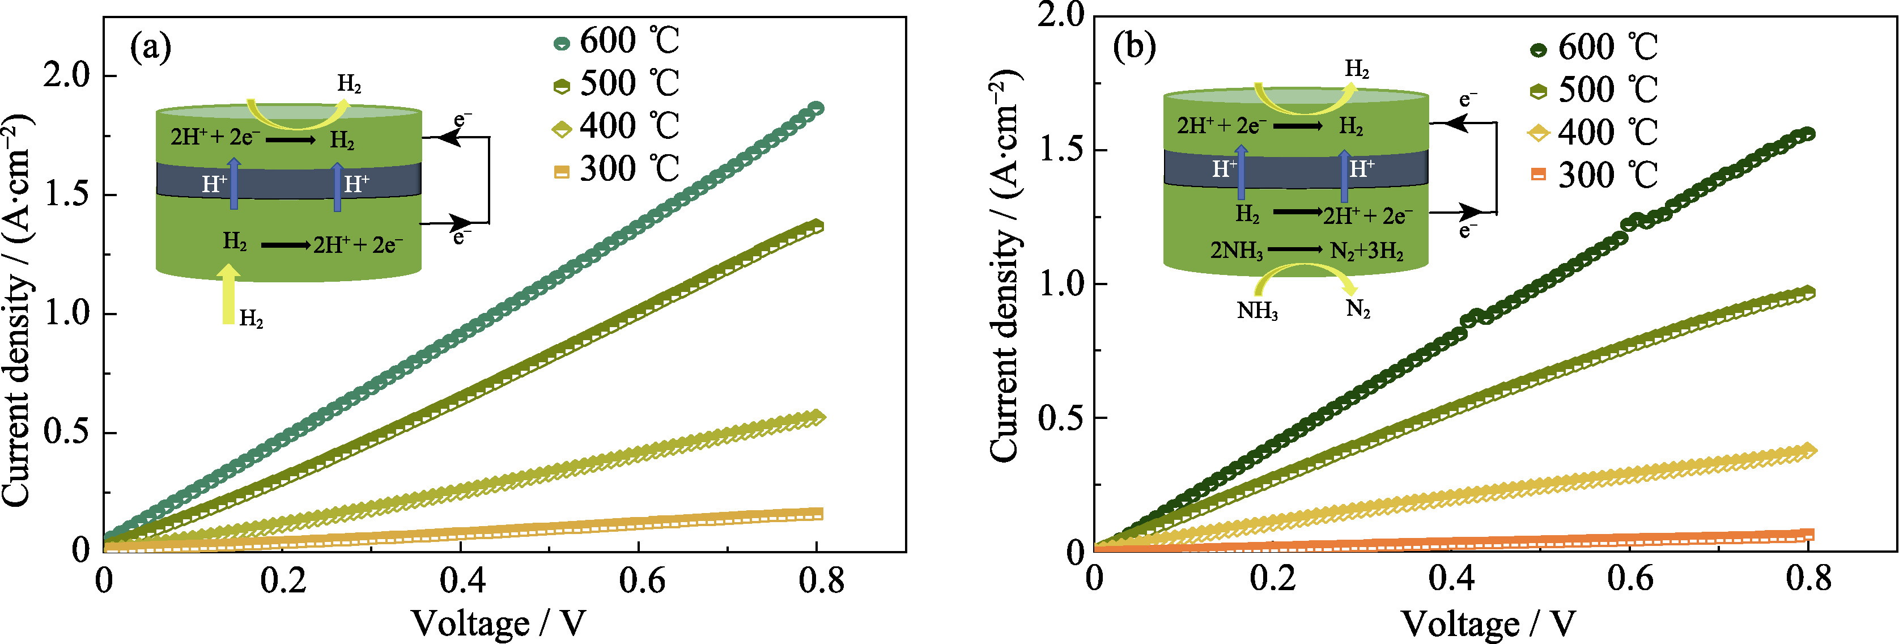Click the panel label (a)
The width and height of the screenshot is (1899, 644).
tap(150, 48)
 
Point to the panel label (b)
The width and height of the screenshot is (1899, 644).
tap(1135, 47)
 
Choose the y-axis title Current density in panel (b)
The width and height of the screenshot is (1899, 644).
tap(1004, 265)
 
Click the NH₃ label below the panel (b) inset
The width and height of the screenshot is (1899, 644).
tap(1257, 311)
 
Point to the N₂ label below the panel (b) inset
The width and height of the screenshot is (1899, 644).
tap(1358, 308)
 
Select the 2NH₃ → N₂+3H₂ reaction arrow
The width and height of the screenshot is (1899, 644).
tap(1295, 250)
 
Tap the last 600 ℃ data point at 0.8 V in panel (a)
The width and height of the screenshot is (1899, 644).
tap(816, 108)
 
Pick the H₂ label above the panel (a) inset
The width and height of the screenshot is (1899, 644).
tap(349, 84)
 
